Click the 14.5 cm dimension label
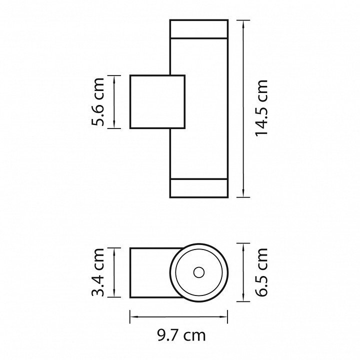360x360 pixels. click(x=261, y=108)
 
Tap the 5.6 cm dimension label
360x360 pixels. click(x=98, y=101)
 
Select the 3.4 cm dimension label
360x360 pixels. click(x=98, y=272)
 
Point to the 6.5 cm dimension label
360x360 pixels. click(x=261, y=272)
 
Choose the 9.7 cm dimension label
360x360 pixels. click(x=181, y=335)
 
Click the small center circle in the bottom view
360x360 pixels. click(x=199, y=272)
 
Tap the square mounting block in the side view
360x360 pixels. click(x=157, y=101)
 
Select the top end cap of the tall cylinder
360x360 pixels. click(x=199, y=28)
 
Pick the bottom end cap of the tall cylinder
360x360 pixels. click(x=199, y=188)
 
